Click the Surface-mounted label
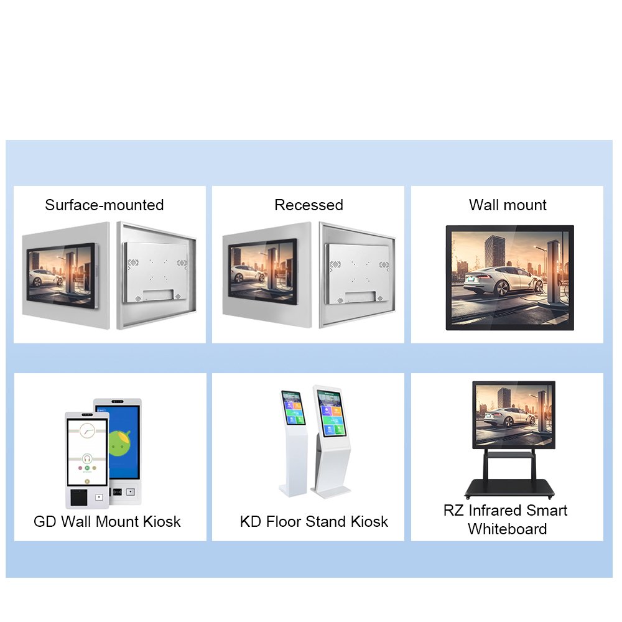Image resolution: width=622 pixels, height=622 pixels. point(104,205)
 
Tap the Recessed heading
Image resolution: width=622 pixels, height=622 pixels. point(309,205)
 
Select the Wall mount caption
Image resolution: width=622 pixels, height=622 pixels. point(508,205)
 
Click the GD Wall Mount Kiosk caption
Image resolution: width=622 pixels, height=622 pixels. point(107,521)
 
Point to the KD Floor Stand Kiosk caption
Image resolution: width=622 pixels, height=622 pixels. point(313,521)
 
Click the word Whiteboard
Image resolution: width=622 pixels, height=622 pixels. point(508,529)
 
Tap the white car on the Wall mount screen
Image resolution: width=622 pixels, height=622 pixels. point(504,280)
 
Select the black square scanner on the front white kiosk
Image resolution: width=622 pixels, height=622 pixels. point(79,498)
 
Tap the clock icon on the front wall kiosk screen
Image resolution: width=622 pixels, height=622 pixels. point(87,430)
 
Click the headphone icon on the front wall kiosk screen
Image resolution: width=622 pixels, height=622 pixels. point(87,459)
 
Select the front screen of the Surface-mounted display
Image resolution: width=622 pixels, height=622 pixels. point(62,276)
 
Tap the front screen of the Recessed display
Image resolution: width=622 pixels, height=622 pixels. point(262,271)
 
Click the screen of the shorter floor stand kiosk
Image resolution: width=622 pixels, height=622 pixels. point(293,407)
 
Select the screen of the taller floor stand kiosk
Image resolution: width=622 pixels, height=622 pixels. point(332,412)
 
